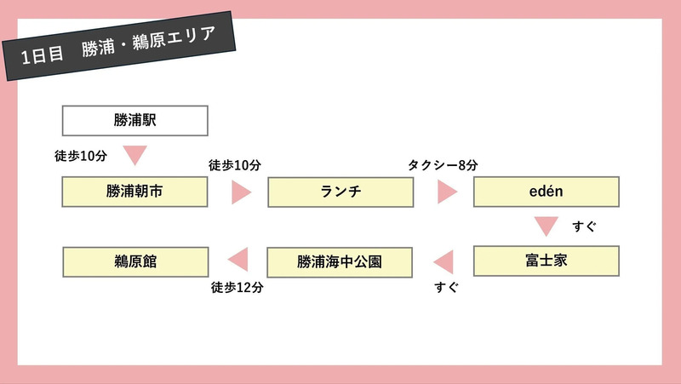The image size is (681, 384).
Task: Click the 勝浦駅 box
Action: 134,121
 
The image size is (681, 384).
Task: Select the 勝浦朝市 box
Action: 134,192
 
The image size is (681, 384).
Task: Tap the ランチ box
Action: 340,192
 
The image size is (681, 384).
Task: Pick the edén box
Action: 546,192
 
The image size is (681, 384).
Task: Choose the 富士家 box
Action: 546,261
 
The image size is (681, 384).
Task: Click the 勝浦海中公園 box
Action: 340,261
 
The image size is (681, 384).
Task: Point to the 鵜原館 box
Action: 134,261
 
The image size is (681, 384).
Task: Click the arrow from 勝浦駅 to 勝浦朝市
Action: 134,155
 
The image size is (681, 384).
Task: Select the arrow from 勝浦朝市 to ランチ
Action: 241,192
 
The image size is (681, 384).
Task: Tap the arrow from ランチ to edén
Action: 447,192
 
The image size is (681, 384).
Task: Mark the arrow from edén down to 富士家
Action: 546,226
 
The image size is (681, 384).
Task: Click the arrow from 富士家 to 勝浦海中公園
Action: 443,261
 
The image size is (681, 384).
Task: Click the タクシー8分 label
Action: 442,165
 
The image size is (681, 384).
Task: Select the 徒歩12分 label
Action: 237,288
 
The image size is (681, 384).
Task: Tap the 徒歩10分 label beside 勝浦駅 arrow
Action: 81,157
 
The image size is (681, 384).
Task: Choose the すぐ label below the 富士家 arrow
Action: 446,288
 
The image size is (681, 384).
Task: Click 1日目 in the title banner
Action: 43,57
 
